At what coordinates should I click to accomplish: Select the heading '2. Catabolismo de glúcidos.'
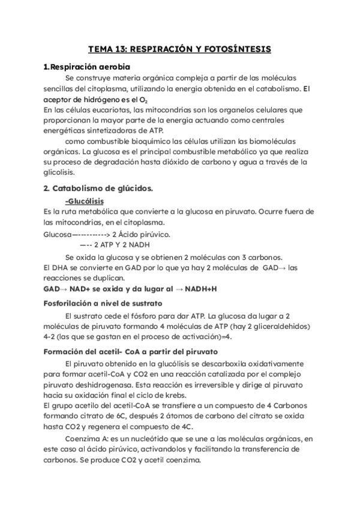pos(99,188)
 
